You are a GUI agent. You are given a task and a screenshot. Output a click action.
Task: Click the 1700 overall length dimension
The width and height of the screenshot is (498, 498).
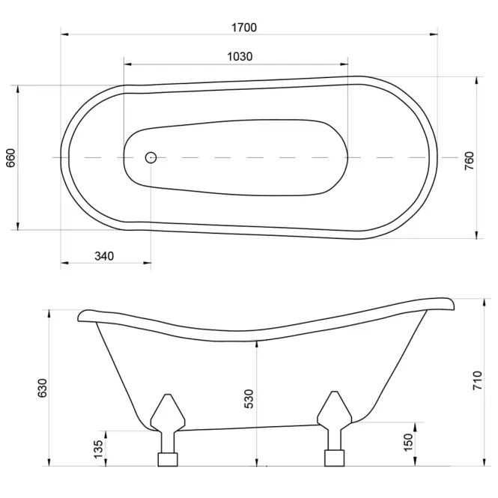[244, 28]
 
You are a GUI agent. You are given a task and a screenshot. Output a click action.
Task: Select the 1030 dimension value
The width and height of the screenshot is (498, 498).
[240, 56]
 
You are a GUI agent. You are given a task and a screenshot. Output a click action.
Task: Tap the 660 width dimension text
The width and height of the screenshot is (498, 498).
[10, 158]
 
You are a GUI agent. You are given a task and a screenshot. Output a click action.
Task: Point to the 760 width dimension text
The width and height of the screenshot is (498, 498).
[469, 161]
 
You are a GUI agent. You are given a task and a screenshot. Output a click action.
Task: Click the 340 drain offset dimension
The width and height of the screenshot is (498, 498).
[104, 255]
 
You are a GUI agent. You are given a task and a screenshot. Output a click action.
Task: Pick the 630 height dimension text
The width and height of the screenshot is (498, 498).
[42, 388]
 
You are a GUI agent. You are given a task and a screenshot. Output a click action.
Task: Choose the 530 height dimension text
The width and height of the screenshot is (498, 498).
[249, 399]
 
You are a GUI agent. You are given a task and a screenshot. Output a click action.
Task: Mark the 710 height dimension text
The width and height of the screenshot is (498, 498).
[477, 380]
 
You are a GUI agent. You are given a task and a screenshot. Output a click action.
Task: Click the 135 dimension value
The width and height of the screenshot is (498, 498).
[98, 449]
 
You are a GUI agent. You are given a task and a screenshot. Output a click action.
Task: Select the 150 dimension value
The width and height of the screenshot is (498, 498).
[408, 442]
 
